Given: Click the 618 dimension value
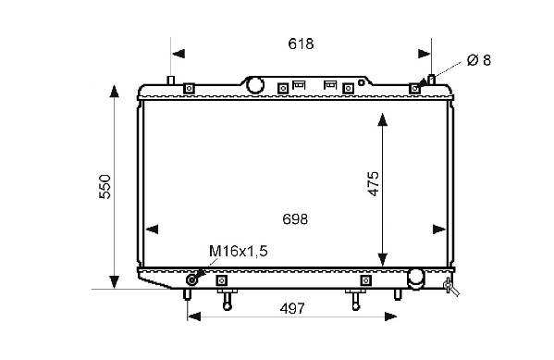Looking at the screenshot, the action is click(x=301, y=43).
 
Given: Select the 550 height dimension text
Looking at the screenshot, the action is click(x=105, y=187).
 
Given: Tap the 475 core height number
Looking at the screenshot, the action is click(x=373, y=183).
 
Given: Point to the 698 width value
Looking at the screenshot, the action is click(x=295, y=219).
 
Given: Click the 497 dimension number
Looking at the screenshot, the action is click(x=292, y=309).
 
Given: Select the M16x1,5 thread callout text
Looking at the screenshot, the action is click(x=239, y=251).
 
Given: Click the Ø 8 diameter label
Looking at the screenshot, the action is click(x=479, y=60).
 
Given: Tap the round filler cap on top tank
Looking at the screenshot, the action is click(x=255, y=85).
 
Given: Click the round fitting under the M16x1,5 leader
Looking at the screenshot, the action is click(x=191, y=279).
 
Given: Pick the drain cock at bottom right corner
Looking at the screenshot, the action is click(x=450, y=287).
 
